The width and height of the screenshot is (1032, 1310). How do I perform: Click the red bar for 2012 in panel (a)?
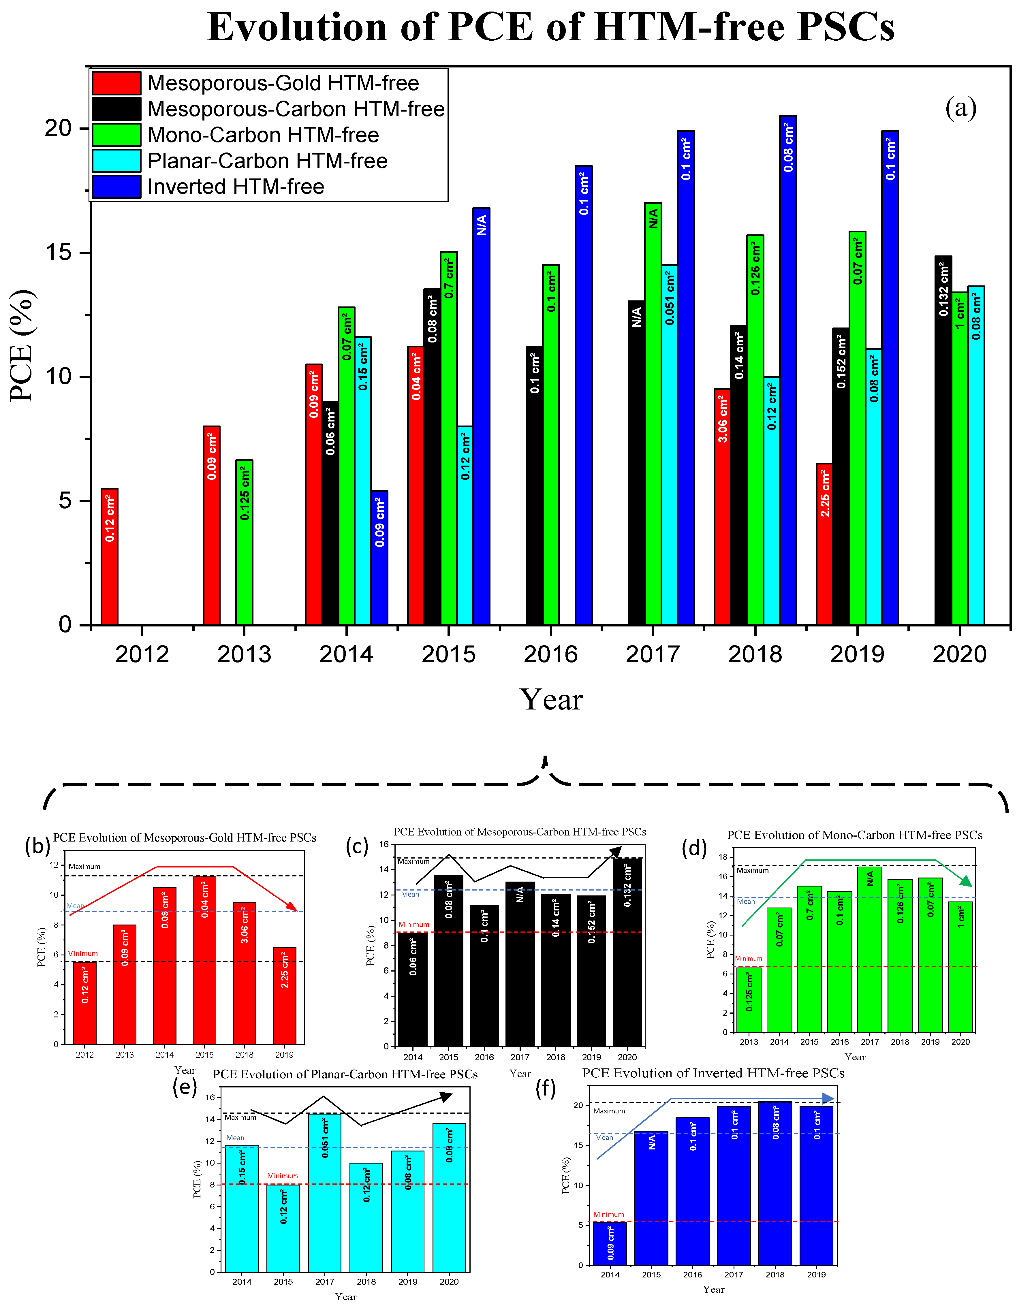109,556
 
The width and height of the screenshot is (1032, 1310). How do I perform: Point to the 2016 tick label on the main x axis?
550,654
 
